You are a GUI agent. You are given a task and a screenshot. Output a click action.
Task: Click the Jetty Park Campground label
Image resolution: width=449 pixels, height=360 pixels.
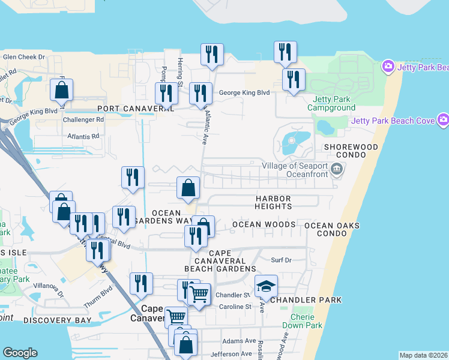(331, 103)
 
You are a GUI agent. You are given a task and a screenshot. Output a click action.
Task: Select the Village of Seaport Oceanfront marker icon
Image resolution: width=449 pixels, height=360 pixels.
(337, 170)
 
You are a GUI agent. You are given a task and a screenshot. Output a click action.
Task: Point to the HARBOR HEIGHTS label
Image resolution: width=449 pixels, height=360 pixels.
(273, 202)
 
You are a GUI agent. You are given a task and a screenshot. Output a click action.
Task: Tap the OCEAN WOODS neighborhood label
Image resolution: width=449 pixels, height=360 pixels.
(264, 224)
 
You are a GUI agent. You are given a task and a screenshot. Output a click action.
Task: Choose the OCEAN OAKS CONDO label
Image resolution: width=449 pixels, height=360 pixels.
(331, 229)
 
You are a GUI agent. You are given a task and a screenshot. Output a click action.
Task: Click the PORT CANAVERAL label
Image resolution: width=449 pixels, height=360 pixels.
(136, 109)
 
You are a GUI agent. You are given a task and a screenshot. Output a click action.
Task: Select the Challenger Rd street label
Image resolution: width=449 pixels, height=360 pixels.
(83, 119)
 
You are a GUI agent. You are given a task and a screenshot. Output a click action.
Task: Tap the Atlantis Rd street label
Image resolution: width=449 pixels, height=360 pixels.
(83, 136)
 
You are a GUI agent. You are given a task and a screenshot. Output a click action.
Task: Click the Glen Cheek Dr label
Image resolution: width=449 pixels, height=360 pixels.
(24, 57)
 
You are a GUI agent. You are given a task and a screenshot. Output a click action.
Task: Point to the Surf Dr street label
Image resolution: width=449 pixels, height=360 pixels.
(281, 260)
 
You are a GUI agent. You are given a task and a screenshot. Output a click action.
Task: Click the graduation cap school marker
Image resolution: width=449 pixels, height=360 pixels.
(266, 287)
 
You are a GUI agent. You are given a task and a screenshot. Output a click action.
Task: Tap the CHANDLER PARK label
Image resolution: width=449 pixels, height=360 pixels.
(306, 299)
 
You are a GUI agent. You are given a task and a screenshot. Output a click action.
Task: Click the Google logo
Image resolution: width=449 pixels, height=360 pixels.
(20, 353)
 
